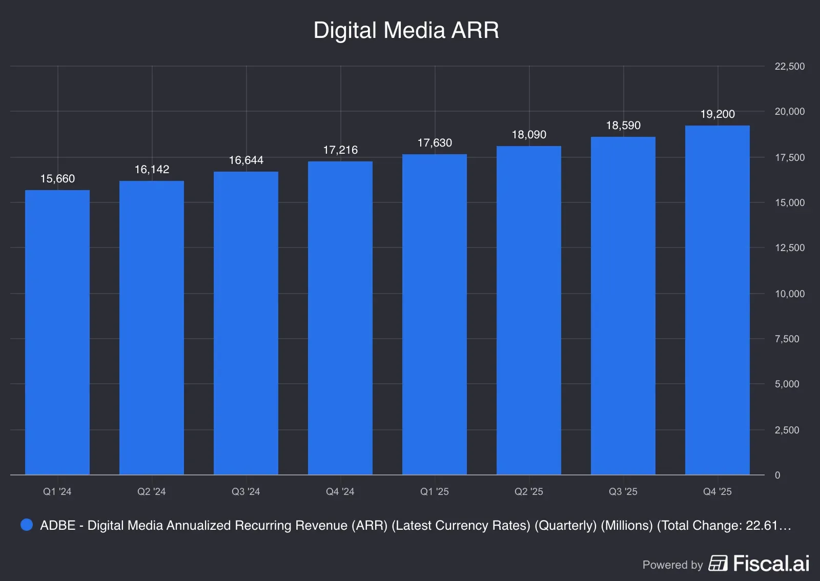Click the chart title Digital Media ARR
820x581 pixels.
tap(406, 30)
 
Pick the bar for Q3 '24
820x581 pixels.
tap(246, 323)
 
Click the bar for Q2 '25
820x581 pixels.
tap(528, 310)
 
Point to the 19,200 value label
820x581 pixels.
tap(717, 114)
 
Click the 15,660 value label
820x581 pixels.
tap(57, 179)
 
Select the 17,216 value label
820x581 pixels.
tap(340, 150)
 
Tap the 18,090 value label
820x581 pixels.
tap(529, 135)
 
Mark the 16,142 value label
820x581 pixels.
tap(152, 170)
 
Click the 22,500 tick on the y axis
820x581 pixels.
tap(789, 66)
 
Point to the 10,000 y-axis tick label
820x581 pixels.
tap(789, 294)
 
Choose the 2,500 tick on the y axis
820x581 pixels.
tap(787, 430)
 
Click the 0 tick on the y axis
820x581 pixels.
tap(777, 475)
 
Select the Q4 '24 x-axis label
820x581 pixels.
tap(340, 492)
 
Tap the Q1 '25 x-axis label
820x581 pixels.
tap(435, 492)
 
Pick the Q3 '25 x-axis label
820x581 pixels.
tap(623, 492)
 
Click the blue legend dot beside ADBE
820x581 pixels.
tap(27, 525)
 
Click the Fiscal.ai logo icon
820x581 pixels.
tap(718, 563)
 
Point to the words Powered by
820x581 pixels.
tap(672, 565)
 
